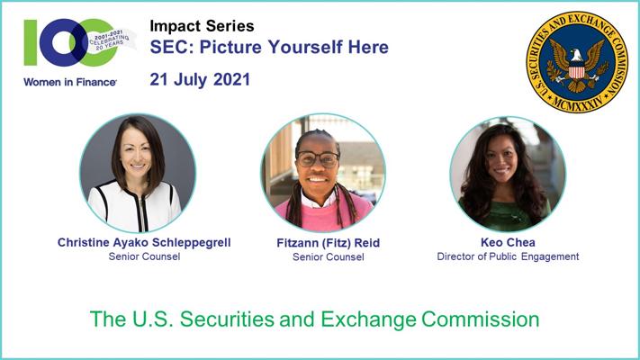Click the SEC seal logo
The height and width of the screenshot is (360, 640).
pyautogui.click(x=577, y=62)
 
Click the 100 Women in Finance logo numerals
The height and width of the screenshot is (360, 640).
pyautogui.click(x=70, y=42)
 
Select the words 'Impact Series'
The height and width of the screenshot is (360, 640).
pyautogui.click(x=202, y=26)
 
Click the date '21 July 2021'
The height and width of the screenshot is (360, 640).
pyautogui.click(x=200, y=79)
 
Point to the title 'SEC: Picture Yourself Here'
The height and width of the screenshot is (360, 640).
pyautogui.click(x=269, y=47)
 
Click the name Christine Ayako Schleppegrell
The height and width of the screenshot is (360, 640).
pyautogui.click(x=144, y=242)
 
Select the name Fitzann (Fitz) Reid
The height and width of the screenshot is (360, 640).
pyautogui.click(x=329, y=243)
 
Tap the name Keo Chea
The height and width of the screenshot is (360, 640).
pyautogui.click(x=508, y=242)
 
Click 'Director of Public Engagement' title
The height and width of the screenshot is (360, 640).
pyautogui.click(x=508, y=256)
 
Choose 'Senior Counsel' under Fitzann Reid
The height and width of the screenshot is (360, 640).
pyautogui.click(x=329, y=257)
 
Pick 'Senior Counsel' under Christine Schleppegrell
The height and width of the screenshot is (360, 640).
pyautogui.click(x=144, y=256)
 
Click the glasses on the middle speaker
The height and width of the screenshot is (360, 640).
pyautogui.click(x=318, y=159)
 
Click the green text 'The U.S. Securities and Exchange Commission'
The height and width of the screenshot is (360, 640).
pyautogui.click(x=314, y=319)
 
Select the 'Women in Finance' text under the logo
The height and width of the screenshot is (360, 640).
pyautogui.click(x=70, y=82)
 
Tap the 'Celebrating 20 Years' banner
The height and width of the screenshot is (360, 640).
pyautogui.click(x=110, y=40)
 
